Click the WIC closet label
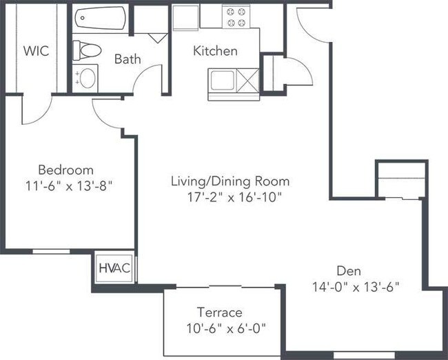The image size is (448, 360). point(36,51)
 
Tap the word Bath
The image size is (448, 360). point(128,59)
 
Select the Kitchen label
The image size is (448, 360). point(215,51)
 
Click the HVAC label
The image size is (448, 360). point(114,268)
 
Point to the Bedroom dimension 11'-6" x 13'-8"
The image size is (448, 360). point(68,186)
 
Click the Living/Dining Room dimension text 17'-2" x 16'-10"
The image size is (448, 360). point(234,197)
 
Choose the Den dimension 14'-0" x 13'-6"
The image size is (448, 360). point(356,287)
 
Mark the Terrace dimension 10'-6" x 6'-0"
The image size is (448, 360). point(226,328)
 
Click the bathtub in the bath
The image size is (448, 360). point(100,18)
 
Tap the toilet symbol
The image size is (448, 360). point(87,50)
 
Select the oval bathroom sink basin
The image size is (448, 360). point(88,78)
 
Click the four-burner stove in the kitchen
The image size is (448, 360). point(236,17)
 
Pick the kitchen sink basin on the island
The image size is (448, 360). point(223,81)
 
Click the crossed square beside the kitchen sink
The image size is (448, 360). point(247,81)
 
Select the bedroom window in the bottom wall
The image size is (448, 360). point(51,251)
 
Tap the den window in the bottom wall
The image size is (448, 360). point(364,355)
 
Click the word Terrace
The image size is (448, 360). point(219,312)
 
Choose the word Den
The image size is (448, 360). point(349,270)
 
